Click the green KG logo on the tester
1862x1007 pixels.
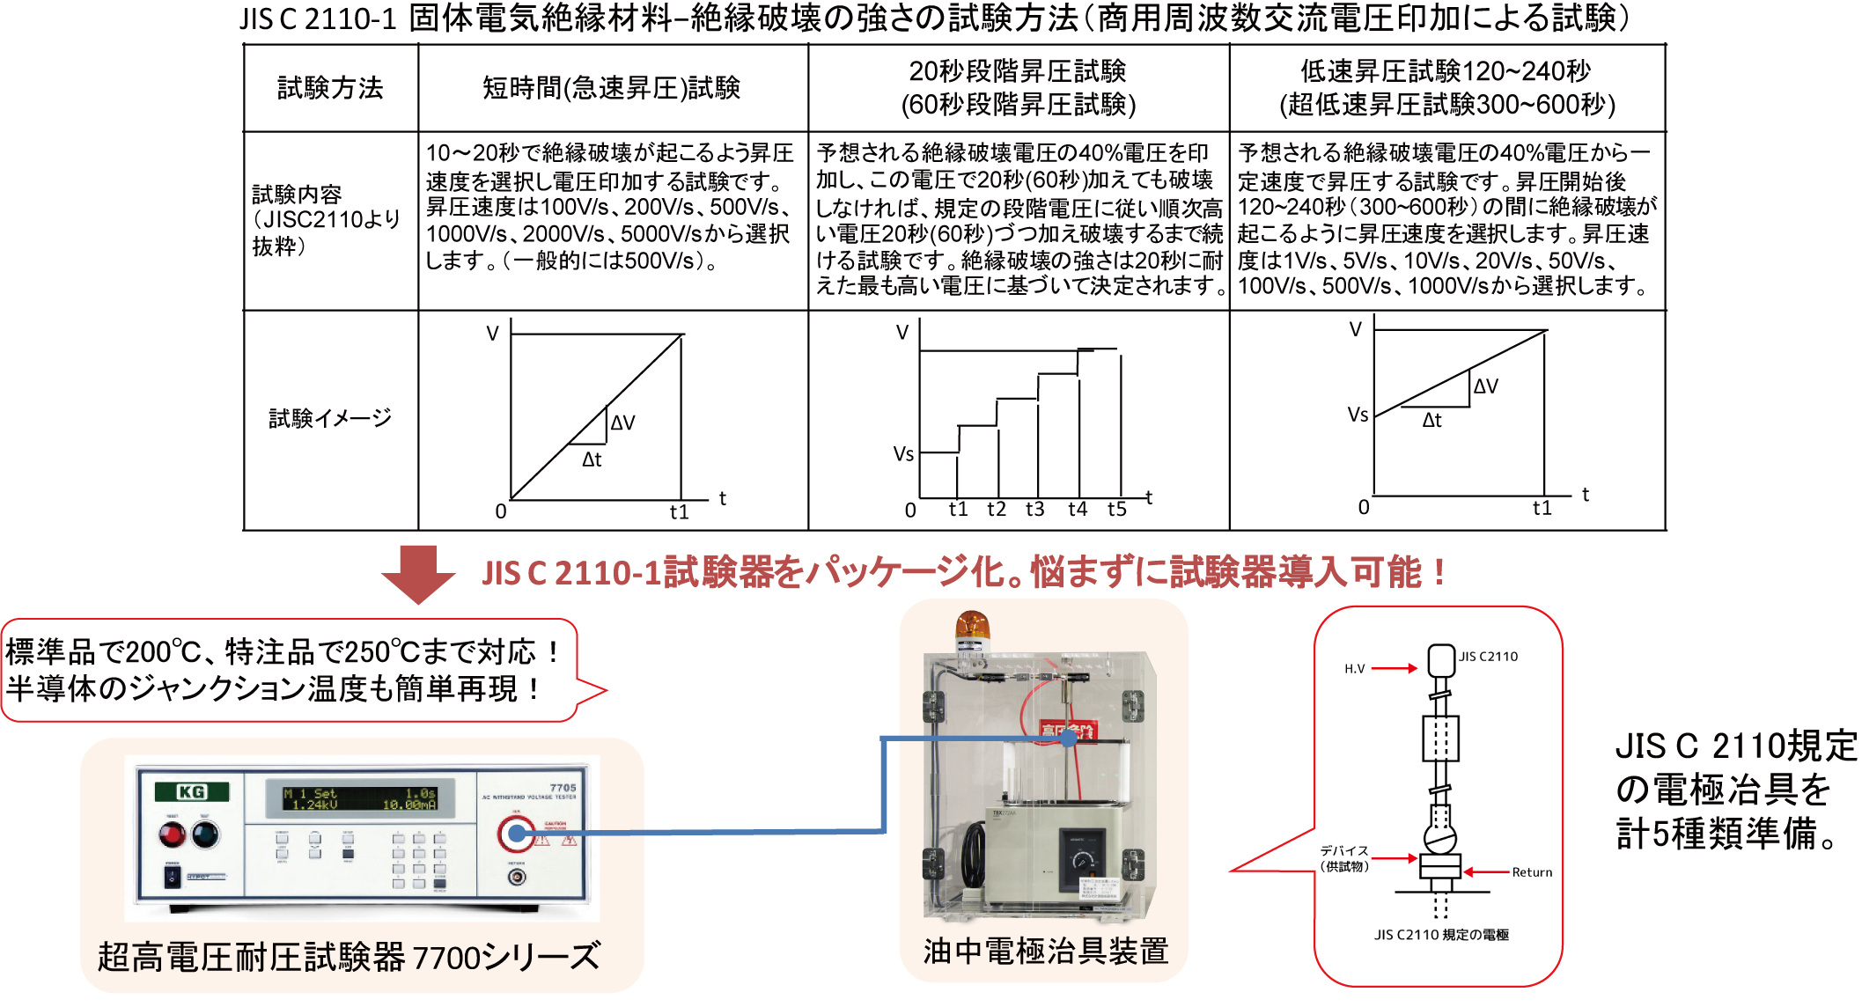[192, 792]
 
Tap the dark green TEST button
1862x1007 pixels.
[205, 834]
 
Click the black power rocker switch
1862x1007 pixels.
[173, 876]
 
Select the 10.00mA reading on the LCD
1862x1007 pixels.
[408, 805]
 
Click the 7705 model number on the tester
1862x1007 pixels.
[563, 788]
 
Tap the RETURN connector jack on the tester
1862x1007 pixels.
[517, 878]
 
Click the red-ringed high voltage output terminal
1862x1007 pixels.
[517, 833]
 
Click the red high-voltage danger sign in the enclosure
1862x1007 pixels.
[1068, 731]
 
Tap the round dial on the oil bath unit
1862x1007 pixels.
[1083, 860]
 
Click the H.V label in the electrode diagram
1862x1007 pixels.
[1354, 669]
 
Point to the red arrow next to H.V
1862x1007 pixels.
[1395, 669]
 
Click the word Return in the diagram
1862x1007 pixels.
[1532, 872]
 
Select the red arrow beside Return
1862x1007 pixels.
[1486, 872]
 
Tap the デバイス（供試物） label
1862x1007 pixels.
[1344, 858]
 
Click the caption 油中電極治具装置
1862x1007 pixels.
[1046, 952]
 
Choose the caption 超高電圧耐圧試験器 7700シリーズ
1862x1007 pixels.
[349, 957]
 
